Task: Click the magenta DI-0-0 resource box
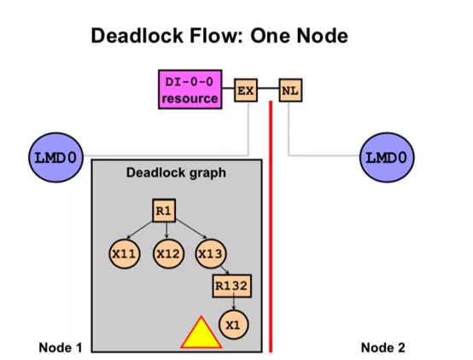pyautogui.click(x=190, y=90)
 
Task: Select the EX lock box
pyautogui.click(x=246, y=90)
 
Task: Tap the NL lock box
pyautogui.click(x=290, y=90)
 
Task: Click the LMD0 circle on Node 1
pyautogui.click(x=55, y=157)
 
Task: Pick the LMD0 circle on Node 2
pyautogui.click(x=387, y=157)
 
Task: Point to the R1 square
pyautogui.click(x=164, y=211)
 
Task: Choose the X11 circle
pyautogui.click(x=125, y=254)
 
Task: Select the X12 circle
pyautogui.click(x=168, y=254)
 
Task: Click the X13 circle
pyautogui.click(x=211, y=254)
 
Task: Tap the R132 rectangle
pyautogui.click(x=231, y=286)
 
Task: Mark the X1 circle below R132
pyautogui.click(x=233, y=325)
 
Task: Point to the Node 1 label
pyautogui.click(x=61, y=348)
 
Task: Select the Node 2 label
pyautogui.click(x=382, y=348)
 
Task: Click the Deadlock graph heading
pyautogui.click(x=176, y=173)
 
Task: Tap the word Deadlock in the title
pyautogui.click(x=137, y=36)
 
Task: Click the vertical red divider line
pyautogui.click(x=271, y=226)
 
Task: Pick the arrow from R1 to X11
pyautogui.click(x=140, y=230)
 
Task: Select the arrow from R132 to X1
pyautogui.click(x=233, y=304)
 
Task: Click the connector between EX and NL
pyautogui.click(x=268, y=89)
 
